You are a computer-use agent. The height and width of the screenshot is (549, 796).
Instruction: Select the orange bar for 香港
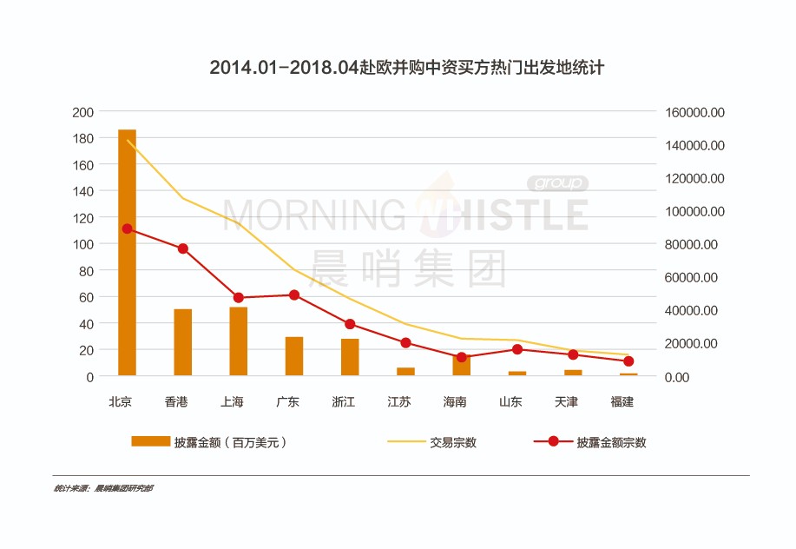click(182, 342)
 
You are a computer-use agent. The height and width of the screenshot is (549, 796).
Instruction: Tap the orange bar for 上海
click(238, 341)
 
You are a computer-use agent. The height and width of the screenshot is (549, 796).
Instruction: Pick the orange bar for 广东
click(294, 356)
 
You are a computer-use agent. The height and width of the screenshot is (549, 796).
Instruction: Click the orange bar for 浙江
click(350, 357)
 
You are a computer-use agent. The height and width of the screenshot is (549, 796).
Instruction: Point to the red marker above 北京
click(127, 228)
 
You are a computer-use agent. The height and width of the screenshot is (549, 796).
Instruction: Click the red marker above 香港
click(182, 248)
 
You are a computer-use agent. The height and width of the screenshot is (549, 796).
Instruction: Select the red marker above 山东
click(517, 349)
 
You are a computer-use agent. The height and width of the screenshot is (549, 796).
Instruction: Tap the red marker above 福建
click(628, 361)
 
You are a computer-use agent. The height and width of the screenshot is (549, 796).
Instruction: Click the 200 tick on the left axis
click(83, 112)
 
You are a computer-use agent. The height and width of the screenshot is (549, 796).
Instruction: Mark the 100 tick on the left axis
click(83, 244)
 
